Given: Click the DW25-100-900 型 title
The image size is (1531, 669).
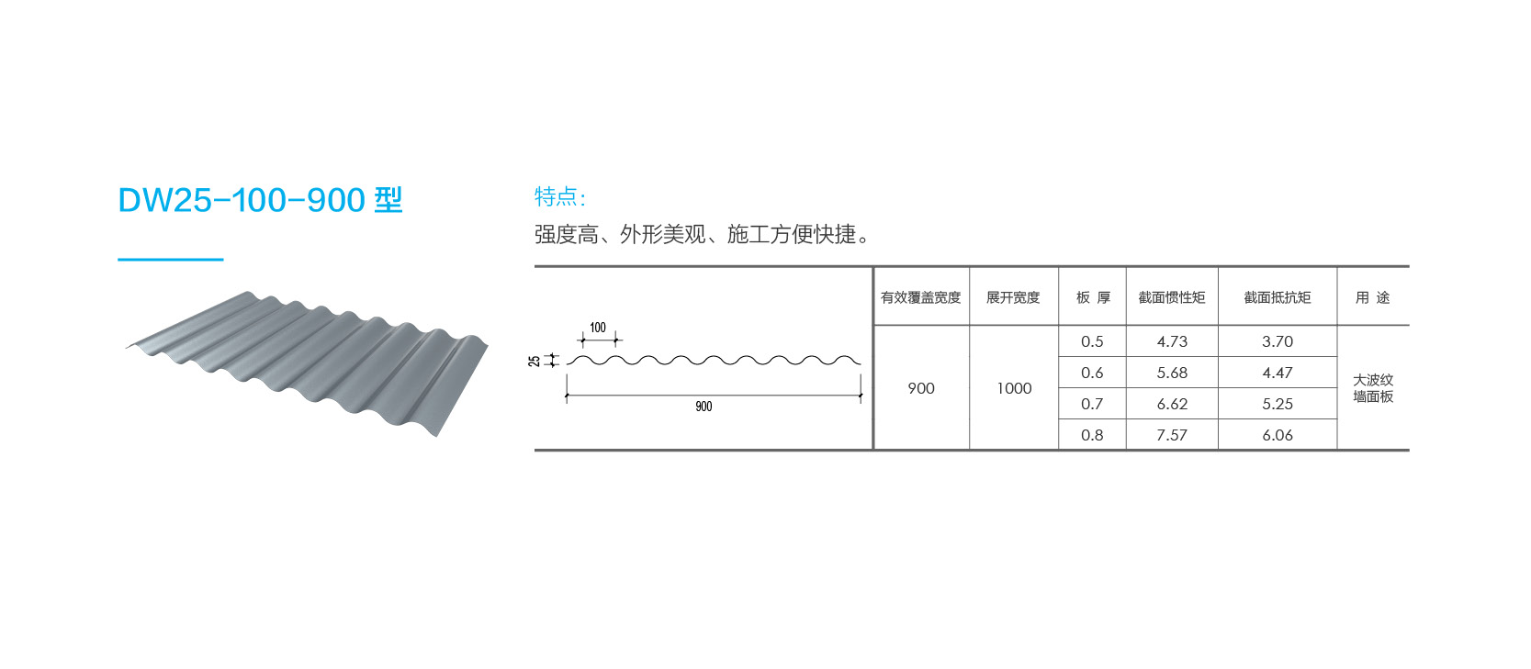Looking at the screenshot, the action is click(x=261, y=200).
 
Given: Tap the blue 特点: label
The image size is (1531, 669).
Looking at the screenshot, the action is click(x=559, y=196).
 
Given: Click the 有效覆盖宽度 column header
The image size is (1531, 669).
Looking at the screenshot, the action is click(x=920, y=297).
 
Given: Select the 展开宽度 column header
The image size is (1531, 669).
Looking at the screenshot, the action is click(x=1013, y=297).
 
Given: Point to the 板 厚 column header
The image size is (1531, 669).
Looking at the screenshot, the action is click(x=1093, y=297).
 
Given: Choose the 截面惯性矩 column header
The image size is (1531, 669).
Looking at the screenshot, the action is click(x=1172, y=297).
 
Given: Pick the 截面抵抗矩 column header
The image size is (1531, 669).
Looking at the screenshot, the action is click(x=1278, y=297).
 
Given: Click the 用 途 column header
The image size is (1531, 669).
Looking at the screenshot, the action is click(x=1372, y=297).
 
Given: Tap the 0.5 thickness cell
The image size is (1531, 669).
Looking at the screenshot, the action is click(x=1092, y=341).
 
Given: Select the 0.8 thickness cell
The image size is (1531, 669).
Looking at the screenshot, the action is click(x=1092, y=435).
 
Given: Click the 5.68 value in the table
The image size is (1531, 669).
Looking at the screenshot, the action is click(x=1172, y=373).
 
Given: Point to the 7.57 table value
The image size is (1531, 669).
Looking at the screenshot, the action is click(x=1172, y=435).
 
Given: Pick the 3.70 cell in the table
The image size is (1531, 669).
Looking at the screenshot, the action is click(x=1278, y=341).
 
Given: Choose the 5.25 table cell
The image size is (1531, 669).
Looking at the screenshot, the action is click(x=1278, y=404).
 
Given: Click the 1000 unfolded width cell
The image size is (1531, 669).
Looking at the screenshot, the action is click(x=1014, y=388).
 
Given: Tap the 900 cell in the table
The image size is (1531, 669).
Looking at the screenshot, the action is click(x=921, y=388).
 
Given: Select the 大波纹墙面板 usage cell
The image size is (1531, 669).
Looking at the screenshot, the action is click(x=1373, y=388).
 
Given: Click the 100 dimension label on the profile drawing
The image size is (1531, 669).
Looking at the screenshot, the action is click(x=598, y=328).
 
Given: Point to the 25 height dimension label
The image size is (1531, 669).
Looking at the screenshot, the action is click(x=535, y=361).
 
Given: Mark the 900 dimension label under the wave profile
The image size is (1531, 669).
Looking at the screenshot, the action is click(x=704, y=407).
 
